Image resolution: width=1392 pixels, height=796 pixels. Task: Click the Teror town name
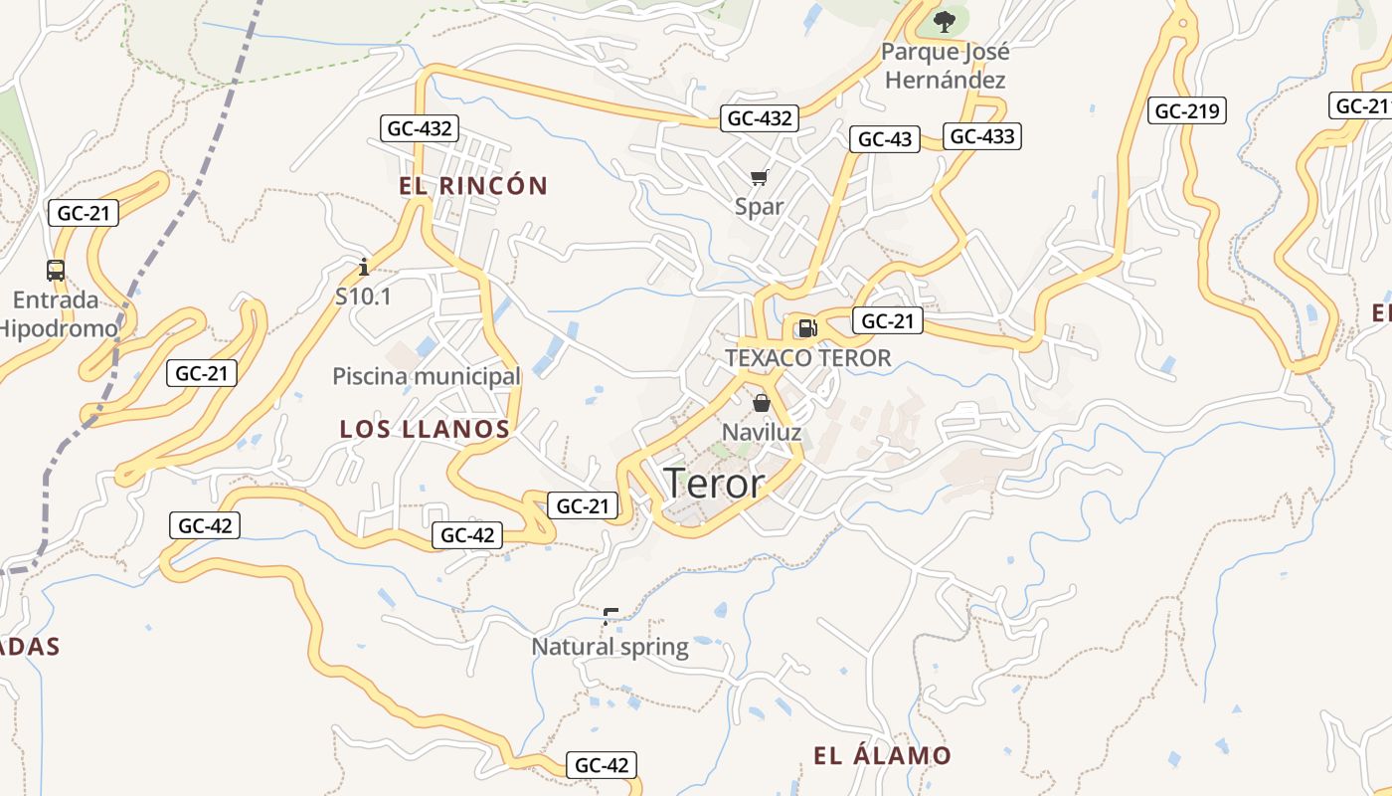click(714, 484)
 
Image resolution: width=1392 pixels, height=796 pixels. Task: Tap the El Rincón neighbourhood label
click(473, 186)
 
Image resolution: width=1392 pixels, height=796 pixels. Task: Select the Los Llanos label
click(425, 429)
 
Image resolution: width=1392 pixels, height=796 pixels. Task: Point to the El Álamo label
click(882, 755)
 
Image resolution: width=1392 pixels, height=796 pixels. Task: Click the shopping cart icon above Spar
click(760, 178)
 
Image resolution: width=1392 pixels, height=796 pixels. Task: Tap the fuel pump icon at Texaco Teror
click(807, 327)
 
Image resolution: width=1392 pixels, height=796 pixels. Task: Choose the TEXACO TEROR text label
click(808, 357)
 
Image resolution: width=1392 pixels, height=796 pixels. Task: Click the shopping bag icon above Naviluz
click(762, 403)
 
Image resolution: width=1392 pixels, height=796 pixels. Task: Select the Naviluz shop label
click(762, 432)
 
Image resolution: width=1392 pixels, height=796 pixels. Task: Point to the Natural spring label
click(609, 647)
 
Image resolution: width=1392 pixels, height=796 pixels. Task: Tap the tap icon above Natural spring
click(610, 617)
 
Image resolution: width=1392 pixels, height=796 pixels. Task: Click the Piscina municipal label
click(427, 376)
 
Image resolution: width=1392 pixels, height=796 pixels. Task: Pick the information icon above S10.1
click(364, 267)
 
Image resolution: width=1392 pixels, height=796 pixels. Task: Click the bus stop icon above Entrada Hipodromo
click(56, 271)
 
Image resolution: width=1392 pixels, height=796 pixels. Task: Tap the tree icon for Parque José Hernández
click(944, 21)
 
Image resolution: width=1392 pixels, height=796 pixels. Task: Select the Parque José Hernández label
click(945, 66)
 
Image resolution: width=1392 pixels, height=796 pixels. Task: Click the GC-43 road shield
click(884, 139)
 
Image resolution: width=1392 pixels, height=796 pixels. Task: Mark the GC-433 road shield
click(982, 136)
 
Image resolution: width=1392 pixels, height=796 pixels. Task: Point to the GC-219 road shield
click(1187, 110)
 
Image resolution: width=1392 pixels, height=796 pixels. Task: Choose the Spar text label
click(760, 207)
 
